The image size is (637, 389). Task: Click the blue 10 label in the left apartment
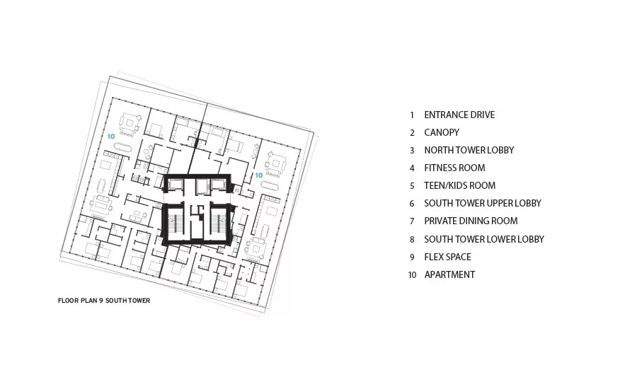click(x=111, y=137)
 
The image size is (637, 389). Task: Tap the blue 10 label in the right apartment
click(x=259, y=175)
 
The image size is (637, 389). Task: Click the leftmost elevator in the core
click(x=176, y=185)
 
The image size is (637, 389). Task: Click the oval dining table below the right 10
click(x=270, y=187)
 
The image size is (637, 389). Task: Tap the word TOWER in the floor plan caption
click(x=139, y=301)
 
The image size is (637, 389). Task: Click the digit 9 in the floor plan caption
click(x=101, y=301)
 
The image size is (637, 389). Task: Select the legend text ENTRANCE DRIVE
click(x=459, y=115)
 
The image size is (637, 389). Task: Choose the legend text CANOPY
click(x=442, y=132)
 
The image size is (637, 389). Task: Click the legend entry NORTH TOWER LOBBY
click(x=469, y=150)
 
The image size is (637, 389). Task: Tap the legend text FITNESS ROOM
click(x=454, y=168)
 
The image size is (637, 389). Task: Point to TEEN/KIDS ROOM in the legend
click(x=460, y=185)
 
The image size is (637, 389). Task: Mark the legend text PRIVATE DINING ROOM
click(x=471, y=221)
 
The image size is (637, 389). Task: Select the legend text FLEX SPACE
click(x=448, y=257)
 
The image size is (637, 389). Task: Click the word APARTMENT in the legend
click(x=449, y=275)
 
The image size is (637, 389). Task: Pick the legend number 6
click(x=412, y=204)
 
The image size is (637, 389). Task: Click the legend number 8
click(x=412, y=240)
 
